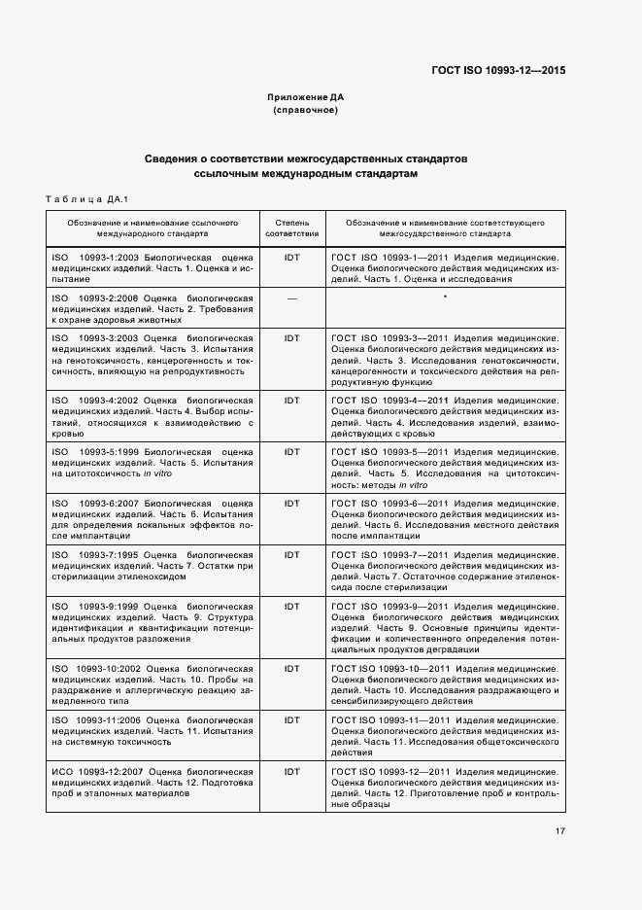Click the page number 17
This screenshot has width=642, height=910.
click(x=560, y=831)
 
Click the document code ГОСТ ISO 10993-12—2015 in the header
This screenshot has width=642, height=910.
click(x=499, y=70)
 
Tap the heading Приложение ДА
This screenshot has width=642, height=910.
click(x=306, y=97)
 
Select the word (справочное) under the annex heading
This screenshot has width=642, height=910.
click(x=306, y=110)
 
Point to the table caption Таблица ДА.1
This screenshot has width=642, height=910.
click(x=87, y=199)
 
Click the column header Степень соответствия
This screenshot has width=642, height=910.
click(x=291, y=228)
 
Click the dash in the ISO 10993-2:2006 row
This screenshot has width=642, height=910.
click(x=291, y=297)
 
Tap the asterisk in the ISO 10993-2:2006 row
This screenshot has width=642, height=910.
click(x=444, y=297)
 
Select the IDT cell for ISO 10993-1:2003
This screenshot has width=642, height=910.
click(x=291, y=257)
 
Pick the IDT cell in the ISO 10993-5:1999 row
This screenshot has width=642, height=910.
click(x=291, y=451)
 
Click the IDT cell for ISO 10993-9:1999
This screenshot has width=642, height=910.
click(x=291, y=605)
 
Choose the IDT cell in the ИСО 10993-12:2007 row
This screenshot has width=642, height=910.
click(x=291, y=771)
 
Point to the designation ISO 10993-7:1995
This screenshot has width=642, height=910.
click(x=102, y=554)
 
